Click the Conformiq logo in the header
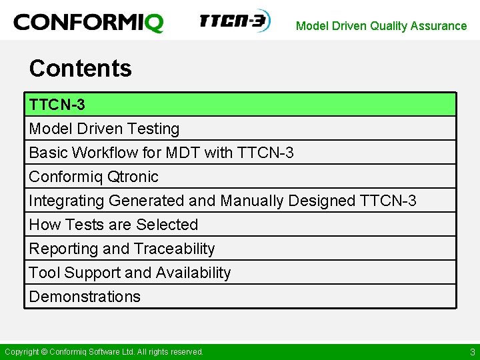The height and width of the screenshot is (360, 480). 88,23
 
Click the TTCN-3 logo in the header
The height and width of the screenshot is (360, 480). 233,21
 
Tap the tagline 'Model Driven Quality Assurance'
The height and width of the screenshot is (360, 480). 381,26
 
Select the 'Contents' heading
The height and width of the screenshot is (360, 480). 81,68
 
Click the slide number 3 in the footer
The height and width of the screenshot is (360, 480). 472,352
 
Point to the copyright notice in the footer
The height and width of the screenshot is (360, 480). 104,352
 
